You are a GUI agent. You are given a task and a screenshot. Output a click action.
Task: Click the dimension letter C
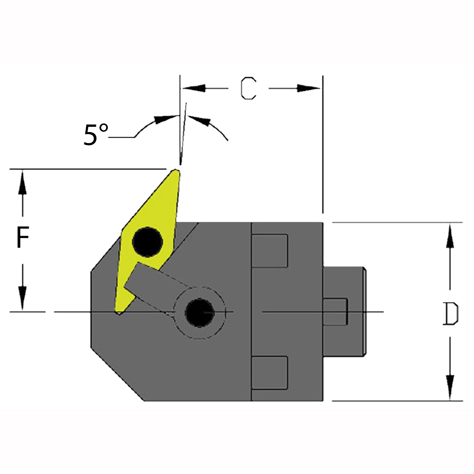tap(248, 88)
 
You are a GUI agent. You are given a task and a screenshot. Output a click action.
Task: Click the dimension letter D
tap(450, 314)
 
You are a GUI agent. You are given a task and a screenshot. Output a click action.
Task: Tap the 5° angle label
tap(96, 135)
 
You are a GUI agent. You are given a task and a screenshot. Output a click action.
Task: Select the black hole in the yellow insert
tap(148, 242)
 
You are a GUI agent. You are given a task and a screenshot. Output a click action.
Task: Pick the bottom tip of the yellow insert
tap(119, 313)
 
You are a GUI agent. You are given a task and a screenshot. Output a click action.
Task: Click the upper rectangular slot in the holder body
tap(270, 251)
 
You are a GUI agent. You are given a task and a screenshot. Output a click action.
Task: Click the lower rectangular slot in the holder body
tap(270, 373)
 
